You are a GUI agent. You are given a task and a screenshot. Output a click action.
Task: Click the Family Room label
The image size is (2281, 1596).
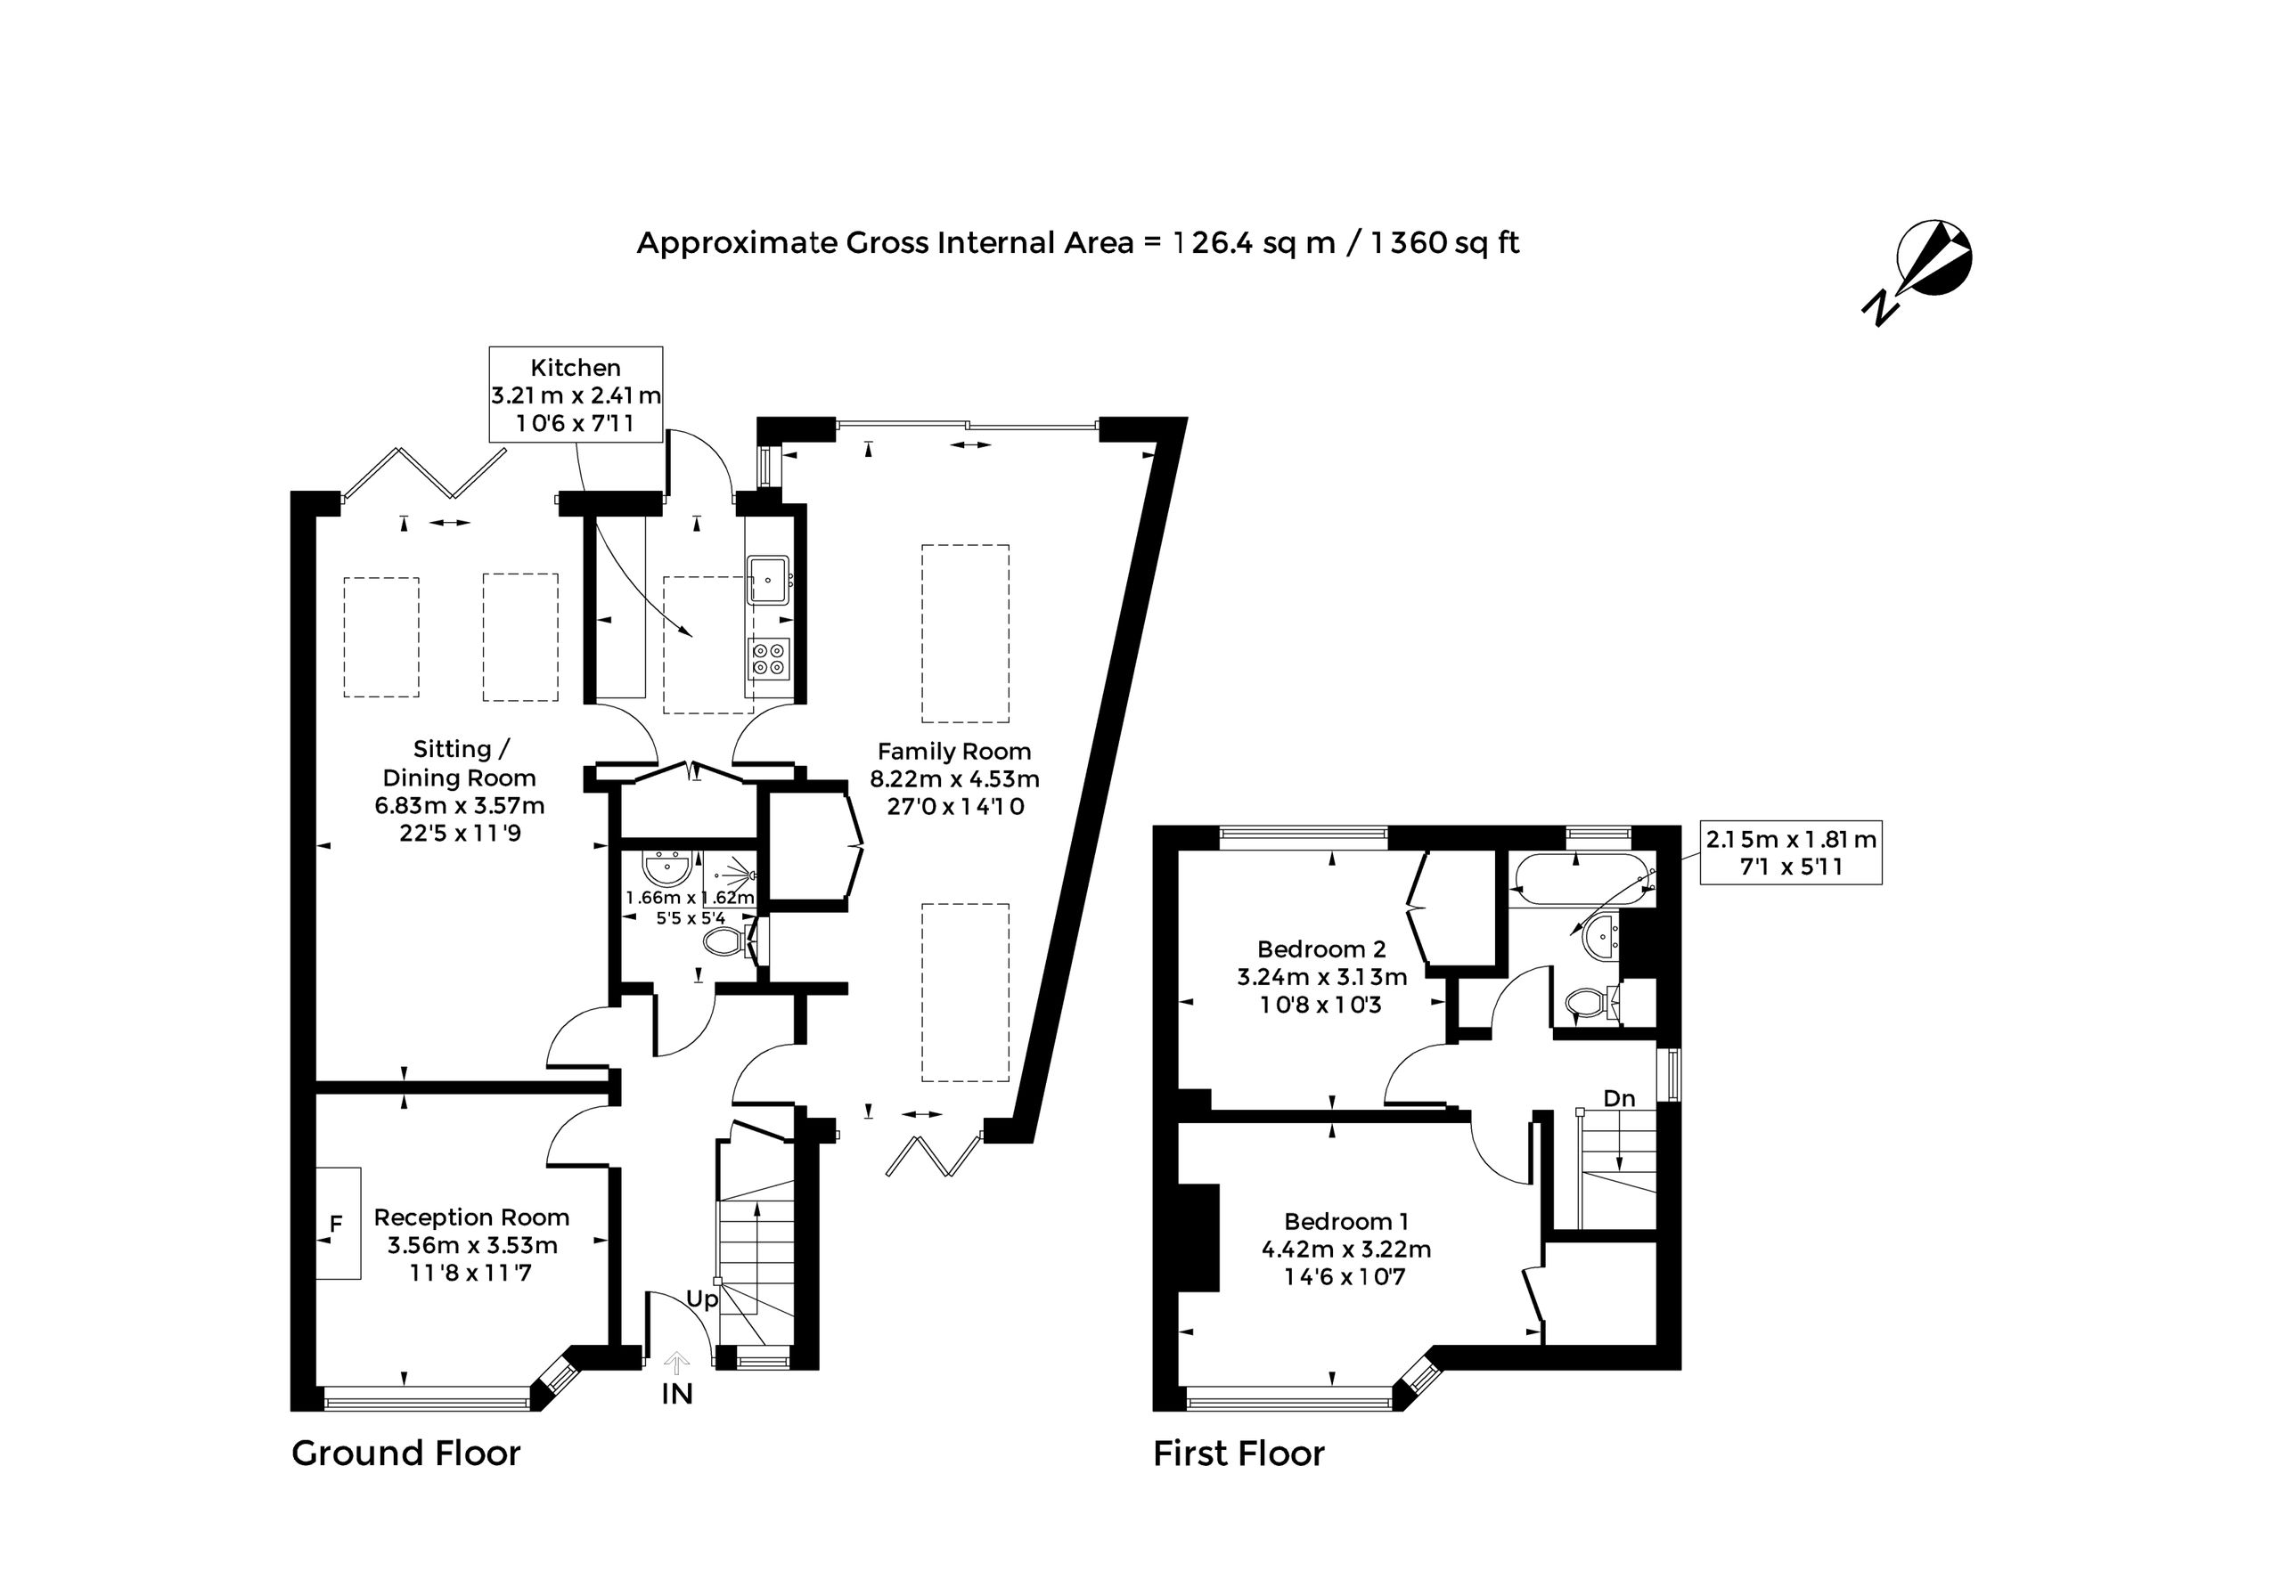tap(954, 778)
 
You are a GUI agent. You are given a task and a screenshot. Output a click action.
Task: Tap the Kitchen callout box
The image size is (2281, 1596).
tap(576, 395)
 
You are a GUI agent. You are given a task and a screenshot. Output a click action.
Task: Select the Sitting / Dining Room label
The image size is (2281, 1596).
tap(460, 791)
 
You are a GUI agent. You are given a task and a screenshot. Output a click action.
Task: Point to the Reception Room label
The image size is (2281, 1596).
tap(472, 1244)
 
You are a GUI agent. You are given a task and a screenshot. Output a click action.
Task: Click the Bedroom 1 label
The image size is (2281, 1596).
tap(1346, 1249)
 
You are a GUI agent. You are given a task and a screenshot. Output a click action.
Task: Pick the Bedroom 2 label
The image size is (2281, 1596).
tap(1322, 976)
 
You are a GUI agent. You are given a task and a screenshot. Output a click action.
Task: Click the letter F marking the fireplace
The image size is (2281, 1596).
tap(336, 1225)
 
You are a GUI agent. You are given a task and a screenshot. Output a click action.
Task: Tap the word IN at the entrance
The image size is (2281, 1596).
tap(676, 1395)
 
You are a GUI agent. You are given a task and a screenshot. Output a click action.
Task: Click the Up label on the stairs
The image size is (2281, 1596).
tap(701, 1300)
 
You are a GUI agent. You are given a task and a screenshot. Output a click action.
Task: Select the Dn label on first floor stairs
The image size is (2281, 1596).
tap(1619, 1098)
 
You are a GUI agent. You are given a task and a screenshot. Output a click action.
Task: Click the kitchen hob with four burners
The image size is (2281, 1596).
tap(769, 658)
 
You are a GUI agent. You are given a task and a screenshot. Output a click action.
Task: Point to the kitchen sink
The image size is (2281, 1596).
tap(769, 579)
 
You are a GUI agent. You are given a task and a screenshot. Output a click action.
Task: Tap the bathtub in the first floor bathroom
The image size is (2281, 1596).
tap(1581, 878)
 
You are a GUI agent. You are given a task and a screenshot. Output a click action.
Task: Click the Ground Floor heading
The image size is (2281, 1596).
tap(406, 1454)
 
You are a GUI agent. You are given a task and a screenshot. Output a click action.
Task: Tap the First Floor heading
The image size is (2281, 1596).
tap(1239, 1454)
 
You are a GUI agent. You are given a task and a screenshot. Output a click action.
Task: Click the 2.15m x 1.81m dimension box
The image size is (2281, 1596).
tap(1791, 852)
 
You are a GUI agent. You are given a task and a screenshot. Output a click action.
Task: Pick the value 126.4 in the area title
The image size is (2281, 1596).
tap(1214, 242)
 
